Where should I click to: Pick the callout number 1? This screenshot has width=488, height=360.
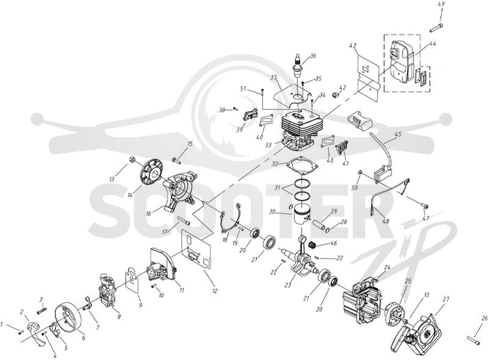coord(2,325)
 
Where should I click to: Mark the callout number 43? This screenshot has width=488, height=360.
coord(353,46)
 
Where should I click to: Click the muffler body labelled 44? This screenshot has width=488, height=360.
coord(401,62)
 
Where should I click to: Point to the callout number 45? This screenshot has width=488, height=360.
coord(398,134)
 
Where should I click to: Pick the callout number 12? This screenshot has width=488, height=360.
coord(215,291)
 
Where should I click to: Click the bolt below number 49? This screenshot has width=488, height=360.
coord(436,27)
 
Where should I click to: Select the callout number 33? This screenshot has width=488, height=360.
coord(268,145)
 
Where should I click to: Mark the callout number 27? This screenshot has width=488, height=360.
coord(446,300)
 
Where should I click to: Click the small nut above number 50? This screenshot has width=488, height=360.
coord(359,172)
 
